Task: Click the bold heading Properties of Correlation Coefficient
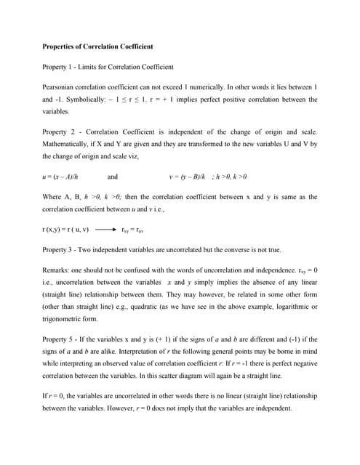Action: click(97, 47)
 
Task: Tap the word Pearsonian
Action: click(62, 87)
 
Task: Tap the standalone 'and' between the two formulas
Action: click(113, 177)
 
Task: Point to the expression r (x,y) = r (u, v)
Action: click(65, 230)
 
